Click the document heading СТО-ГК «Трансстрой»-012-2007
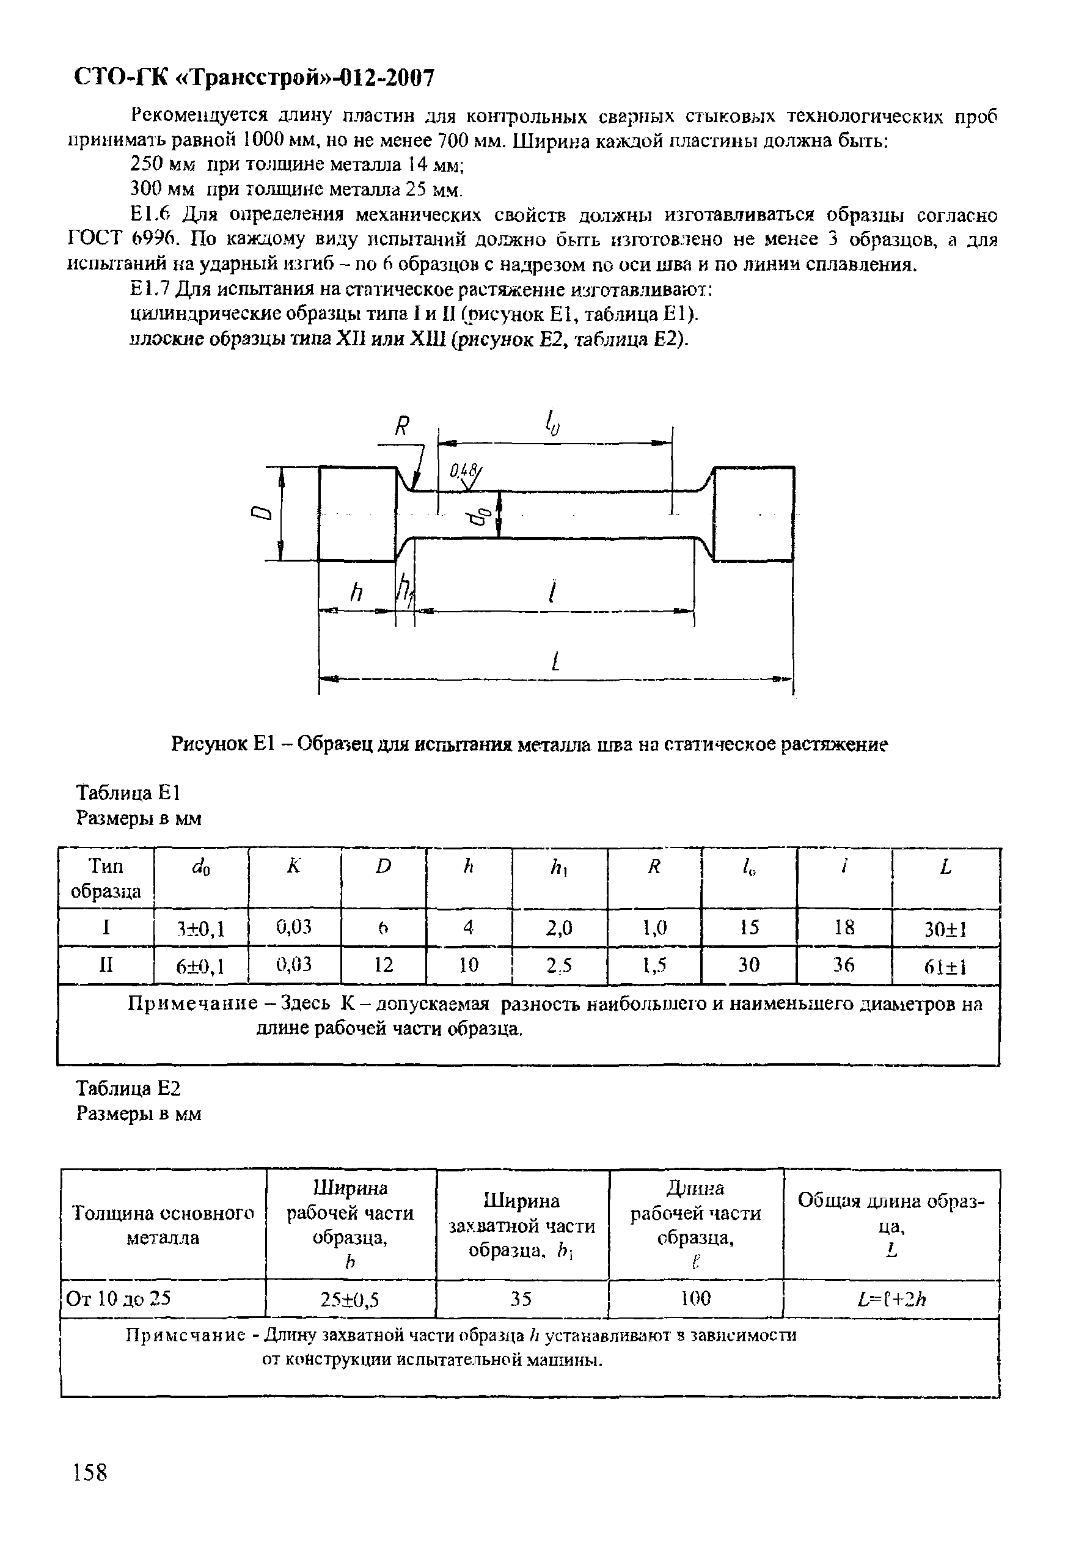pyautogui.click(x=253, y=78)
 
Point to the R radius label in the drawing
pyautogui.click(x=401, y=426)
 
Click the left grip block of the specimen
pyautogui.click(x=357, y=513)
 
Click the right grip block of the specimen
pyautogui.click(x=754, y=513)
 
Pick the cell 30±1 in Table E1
pyautogui.click(x=945, y=929)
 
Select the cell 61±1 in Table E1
pyautogui.click(x=945, y=967)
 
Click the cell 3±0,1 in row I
pyautogui.click(x=200, y=929)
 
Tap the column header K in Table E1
pyautogui.click(x=294, y=867)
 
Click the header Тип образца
pyautogui.click(x=106, y=878)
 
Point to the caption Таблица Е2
pyautogui.click(x=128, y=1088)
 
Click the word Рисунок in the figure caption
pyautogui.click(x=210, y=744)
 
